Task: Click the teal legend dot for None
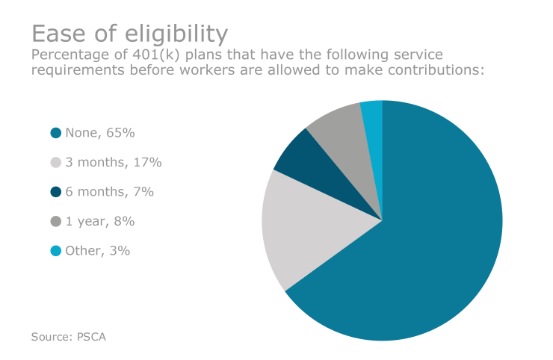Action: coord(55,133)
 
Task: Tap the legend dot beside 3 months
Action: coord(55,162)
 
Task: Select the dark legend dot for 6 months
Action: coord(55,192)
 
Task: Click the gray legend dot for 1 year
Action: coord(55,221)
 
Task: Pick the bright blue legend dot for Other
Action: coord(55,251)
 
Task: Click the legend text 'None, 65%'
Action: coord(99,133)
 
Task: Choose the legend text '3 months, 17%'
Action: coord(114,162)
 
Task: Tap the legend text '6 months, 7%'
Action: coord(109,192)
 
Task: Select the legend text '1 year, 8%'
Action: coord(99,221)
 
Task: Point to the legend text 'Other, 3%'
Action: coord(97,251)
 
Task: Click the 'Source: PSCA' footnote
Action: coord(69,337)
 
